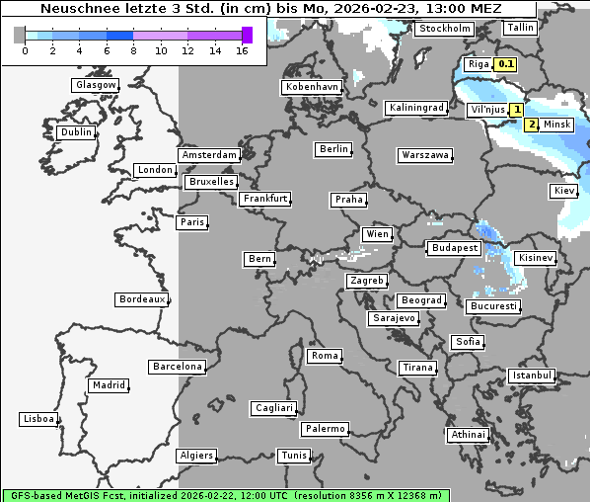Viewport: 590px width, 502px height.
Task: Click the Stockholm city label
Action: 444,29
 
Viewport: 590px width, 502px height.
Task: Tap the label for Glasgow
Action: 96,85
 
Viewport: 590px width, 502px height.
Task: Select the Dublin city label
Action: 76,132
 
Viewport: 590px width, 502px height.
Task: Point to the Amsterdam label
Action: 209,155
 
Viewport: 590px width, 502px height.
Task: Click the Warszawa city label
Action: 425,155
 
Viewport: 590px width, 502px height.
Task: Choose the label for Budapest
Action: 454,248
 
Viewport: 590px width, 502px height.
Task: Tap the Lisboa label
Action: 38,419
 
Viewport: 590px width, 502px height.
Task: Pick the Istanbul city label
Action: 532,376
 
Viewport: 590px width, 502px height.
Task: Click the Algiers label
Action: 195,456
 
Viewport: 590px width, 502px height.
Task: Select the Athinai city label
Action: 468,435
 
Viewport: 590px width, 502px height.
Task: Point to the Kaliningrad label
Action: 415,107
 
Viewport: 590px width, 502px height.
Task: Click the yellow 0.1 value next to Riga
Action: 506,64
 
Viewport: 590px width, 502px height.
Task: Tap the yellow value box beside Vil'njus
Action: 515,110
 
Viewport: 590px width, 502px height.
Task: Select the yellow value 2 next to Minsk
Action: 531,125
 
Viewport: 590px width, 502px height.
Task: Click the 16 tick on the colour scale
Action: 242,49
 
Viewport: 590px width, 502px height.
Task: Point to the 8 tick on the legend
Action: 132,49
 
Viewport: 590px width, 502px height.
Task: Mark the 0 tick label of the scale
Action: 24,49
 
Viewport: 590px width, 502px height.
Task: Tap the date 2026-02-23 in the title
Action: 369,9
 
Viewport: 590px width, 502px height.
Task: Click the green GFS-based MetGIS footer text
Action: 225,495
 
